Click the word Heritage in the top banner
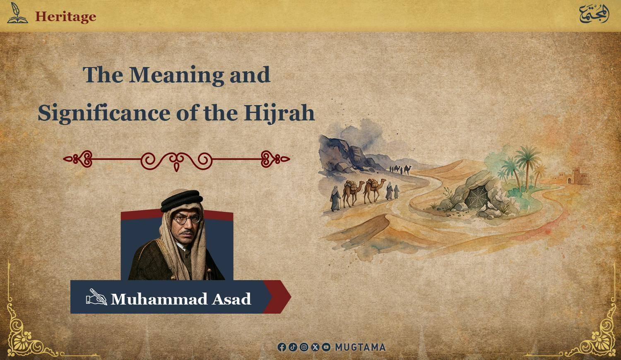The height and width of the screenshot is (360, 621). (65, 17)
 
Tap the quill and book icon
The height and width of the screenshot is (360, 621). (17, 13)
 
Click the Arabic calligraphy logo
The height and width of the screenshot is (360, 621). (594, 14)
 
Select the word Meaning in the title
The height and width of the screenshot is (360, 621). (176, 75)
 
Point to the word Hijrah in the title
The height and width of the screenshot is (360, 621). (279, 113)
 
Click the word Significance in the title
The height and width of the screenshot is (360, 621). (103, 113)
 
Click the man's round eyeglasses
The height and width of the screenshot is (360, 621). (187, 219)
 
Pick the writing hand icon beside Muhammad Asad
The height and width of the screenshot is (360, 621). (96, 297)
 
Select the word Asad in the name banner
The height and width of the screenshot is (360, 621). (231, 299)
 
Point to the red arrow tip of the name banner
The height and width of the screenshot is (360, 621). (291, 297)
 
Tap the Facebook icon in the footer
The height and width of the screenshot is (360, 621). (282, 347)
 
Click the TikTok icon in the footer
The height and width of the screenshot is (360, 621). (293, 347)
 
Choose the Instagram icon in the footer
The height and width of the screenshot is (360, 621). (304, 347)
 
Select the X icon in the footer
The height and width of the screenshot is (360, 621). (315, 347)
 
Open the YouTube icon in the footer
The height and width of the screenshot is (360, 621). (326, 347)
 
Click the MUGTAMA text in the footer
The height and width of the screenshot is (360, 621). (361, 347)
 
